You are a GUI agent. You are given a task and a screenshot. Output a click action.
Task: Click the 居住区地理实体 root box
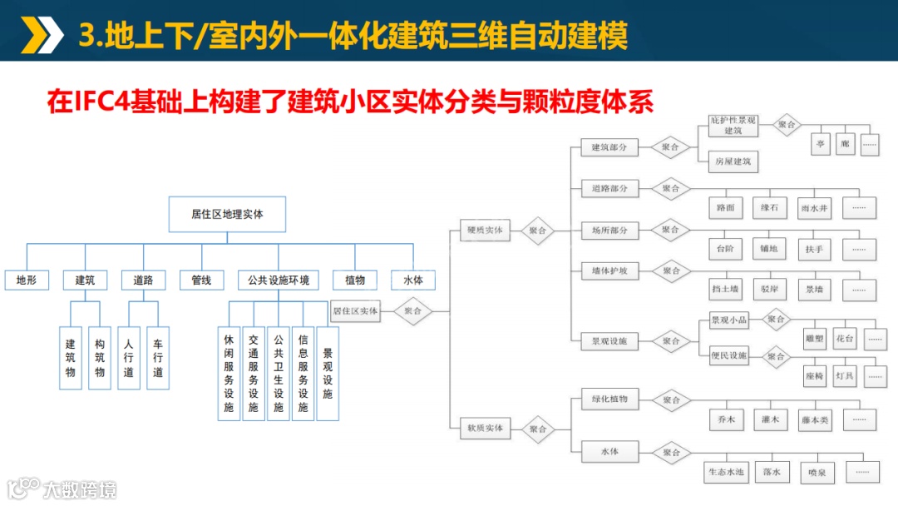click(227, 214)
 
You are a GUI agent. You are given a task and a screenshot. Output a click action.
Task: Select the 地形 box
click(27, 280)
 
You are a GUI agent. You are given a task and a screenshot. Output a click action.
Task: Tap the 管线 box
click(202, 280)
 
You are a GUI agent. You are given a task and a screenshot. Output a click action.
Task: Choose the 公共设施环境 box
click(279, 280)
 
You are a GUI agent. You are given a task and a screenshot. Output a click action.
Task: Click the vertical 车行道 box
click(158, 358)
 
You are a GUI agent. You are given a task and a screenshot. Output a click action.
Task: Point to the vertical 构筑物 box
click(100, 358)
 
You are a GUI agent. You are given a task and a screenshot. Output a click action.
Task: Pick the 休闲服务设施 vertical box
click(229, 373)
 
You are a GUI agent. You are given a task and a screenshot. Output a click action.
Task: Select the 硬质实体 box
click(485, 231)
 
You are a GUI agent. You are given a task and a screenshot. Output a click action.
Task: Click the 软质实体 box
click(485, 429)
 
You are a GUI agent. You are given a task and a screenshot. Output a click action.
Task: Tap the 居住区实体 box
click(355, 312)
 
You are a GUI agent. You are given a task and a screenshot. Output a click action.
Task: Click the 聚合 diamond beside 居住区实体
click(413, 312)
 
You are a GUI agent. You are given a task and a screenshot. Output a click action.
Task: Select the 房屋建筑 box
click(733, 161)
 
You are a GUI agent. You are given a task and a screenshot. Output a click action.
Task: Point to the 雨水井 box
click(815, 207)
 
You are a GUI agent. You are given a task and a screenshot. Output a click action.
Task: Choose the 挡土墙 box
click(725, 290)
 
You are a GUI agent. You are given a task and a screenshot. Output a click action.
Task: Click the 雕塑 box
click(814, 339)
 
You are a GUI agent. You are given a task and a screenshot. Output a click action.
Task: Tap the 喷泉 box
click(817, 472)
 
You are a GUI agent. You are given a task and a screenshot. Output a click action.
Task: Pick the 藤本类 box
click(815, 419)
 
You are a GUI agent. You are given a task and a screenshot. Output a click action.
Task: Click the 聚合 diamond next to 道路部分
click(671, 188)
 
